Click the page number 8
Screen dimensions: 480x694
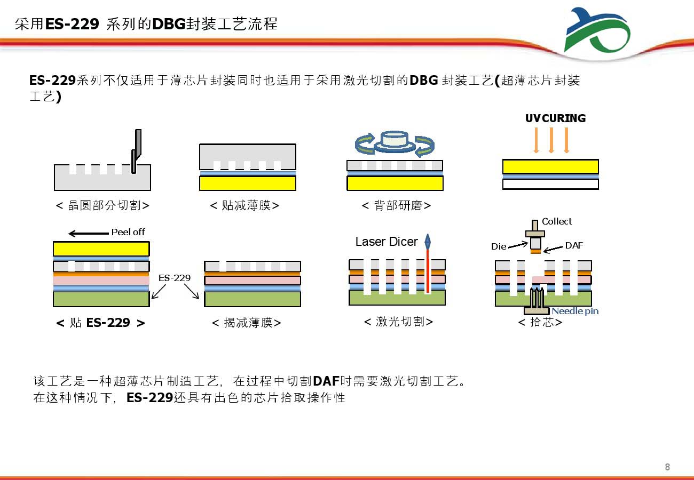[x=667, y=467]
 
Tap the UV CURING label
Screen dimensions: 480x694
[x=555, y=118]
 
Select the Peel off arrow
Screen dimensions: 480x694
[x=89, y=233]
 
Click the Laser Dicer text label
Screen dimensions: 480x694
[x=387, y=242]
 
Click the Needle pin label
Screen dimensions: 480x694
[x=575, y=311]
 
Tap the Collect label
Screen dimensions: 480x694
[x=557, y=221]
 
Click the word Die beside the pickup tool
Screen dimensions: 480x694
[x=499, y=246]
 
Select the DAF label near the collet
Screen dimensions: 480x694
[x=574, y=245]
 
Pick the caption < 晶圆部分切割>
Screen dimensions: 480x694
[x=102, y=205]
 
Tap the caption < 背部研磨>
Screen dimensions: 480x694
[x=396, y=205]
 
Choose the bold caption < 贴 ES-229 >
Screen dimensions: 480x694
[x=100, y=323]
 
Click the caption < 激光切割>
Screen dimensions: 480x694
[x=398, y=322]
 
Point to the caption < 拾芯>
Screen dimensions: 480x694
[x=540, y=322]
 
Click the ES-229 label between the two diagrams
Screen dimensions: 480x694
[x=175, y=278]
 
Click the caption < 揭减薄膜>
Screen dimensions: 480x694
[x=247, y=323]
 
